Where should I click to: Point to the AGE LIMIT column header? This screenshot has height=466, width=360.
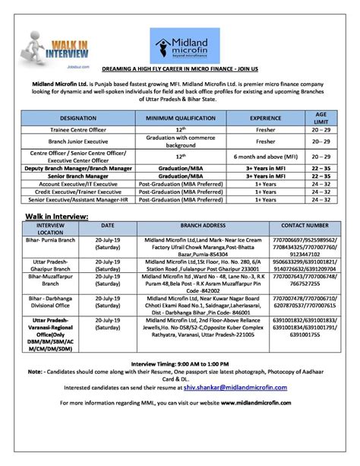click(321, 118)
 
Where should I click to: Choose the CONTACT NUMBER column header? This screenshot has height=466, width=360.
click(305, 226)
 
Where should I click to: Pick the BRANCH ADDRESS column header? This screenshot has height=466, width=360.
click(201, 226)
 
